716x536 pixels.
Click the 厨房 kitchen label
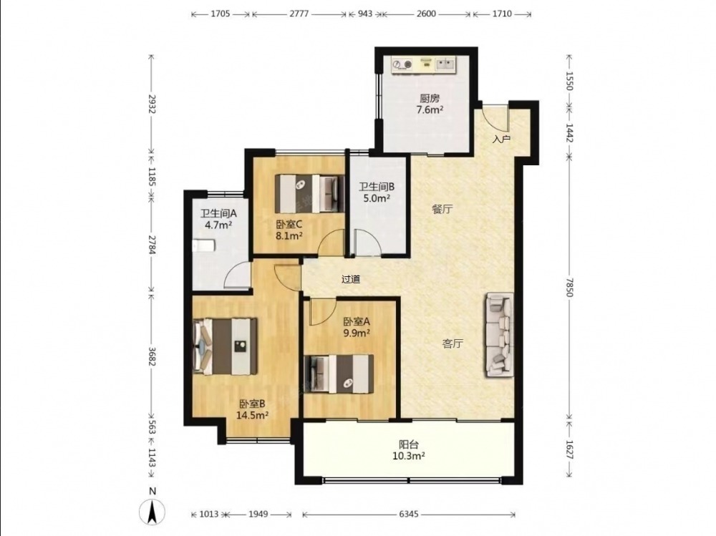429,98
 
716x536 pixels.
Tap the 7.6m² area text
430,109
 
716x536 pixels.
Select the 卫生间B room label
377,187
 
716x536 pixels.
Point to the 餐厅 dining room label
442,209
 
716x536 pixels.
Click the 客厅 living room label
453,343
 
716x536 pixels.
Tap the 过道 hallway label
351,279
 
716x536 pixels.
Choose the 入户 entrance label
501,139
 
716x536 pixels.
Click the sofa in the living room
499,335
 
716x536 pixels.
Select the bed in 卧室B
225,346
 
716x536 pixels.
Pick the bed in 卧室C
309,194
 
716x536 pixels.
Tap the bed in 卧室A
339,374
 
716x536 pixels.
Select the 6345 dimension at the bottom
409,515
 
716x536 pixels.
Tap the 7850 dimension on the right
569,287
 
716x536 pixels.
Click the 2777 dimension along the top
299,14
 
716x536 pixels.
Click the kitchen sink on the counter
445,64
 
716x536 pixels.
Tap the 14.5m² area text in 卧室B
252,415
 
